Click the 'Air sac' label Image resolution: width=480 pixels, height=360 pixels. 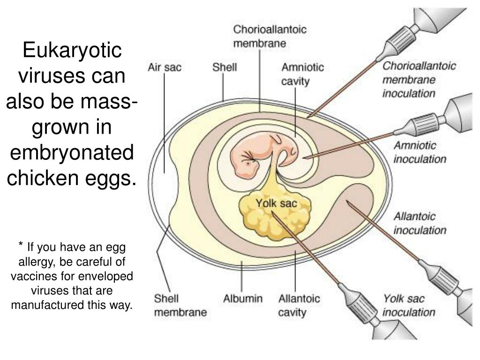pyautogui.click(x=164, y=67)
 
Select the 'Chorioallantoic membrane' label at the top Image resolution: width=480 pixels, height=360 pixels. pyautogui.click(x=270, y=36)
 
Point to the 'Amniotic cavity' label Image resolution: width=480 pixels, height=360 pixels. pyautogui.click(x=302, y=74)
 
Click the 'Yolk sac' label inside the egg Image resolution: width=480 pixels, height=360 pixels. pyautogui.click(x=276, y=203)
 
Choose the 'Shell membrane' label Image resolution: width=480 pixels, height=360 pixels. pyautogui.click(x=180, y=305)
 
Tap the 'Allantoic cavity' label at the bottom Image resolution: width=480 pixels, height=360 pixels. pyautogui.click(x=299, y=305)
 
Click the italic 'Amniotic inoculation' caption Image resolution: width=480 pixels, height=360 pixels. pyautogui.click(x=419, y=152)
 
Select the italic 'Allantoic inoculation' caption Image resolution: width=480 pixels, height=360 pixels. pyautogui.click(x=419, y=224)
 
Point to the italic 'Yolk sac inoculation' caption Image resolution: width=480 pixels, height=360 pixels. pyautogui.click(x=409, y=305)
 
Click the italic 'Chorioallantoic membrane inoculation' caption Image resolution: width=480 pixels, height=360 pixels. pyautogui.click(x=419, y=79)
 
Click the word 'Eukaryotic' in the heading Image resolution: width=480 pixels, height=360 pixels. pyautogui.click(x=72, y=51)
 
